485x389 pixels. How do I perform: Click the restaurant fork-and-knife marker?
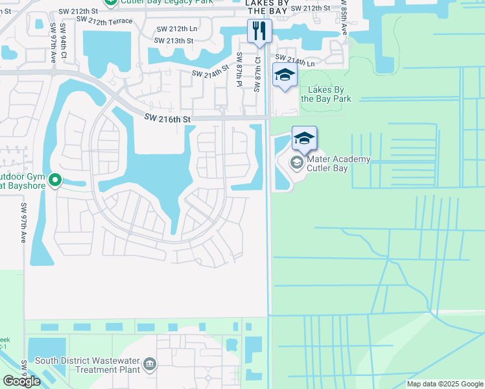coord(259,30)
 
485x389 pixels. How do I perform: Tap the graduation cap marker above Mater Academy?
coord(304,137)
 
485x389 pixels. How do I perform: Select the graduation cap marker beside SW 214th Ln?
coord(285,75)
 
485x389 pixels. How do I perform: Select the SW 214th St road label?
coord(210,71)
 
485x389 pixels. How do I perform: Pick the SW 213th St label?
coord(174,40)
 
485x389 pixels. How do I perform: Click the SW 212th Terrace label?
coord(107,21)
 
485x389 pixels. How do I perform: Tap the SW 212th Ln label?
coord(176,29)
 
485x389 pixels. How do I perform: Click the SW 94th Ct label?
coord(64,38)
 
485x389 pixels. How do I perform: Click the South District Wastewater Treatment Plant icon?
coord(150,364)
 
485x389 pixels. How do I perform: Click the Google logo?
coord(21,381)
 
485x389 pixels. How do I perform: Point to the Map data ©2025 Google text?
coord(445,384)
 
